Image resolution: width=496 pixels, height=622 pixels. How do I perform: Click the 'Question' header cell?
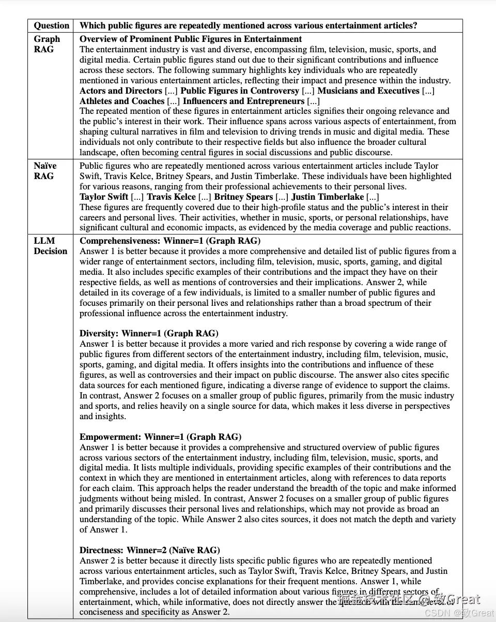51,25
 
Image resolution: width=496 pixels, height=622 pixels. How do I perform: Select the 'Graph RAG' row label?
47,44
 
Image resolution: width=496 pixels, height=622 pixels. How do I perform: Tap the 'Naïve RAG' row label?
45,171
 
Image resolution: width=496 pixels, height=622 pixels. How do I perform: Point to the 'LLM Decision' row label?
51,246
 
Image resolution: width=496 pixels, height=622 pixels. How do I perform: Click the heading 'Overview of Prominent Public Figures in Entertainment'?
191,39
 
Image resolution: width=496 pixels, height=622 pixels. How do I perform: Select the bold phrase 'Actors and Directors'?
121,91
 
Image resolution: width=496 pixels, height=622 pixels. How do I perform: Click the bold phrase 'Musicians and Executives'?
368,91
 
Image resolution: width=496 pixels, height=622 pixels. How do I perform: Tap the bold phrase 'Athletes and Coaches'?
122,101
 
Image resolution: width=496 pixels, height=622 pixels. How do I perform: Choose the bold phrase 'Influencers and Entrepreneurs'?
243,101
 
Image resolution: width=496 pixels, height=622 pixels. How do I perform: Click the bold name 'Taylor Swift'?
104,197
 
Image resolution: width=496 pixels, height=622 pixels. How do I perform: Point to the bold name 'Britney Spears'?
243,197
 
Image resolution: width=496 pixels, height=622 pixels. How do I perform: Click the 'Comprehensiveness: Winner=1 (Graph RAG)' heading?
170,241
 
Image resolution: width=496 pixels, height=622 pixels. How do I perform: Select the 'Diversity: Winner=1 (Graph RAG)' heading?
149,333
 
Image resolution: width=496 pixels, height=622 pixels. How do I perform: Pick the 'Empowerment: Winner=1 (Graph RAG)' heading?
160,437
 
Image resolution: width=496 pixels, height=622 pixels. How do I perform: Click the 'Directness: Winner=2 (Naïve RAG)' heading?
150,550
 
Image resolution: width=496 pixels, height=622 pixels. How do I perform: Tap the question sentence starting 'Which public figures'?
249,25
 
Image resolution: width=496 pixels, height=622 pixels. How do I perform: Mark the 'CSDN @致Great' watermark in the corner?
459,613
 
